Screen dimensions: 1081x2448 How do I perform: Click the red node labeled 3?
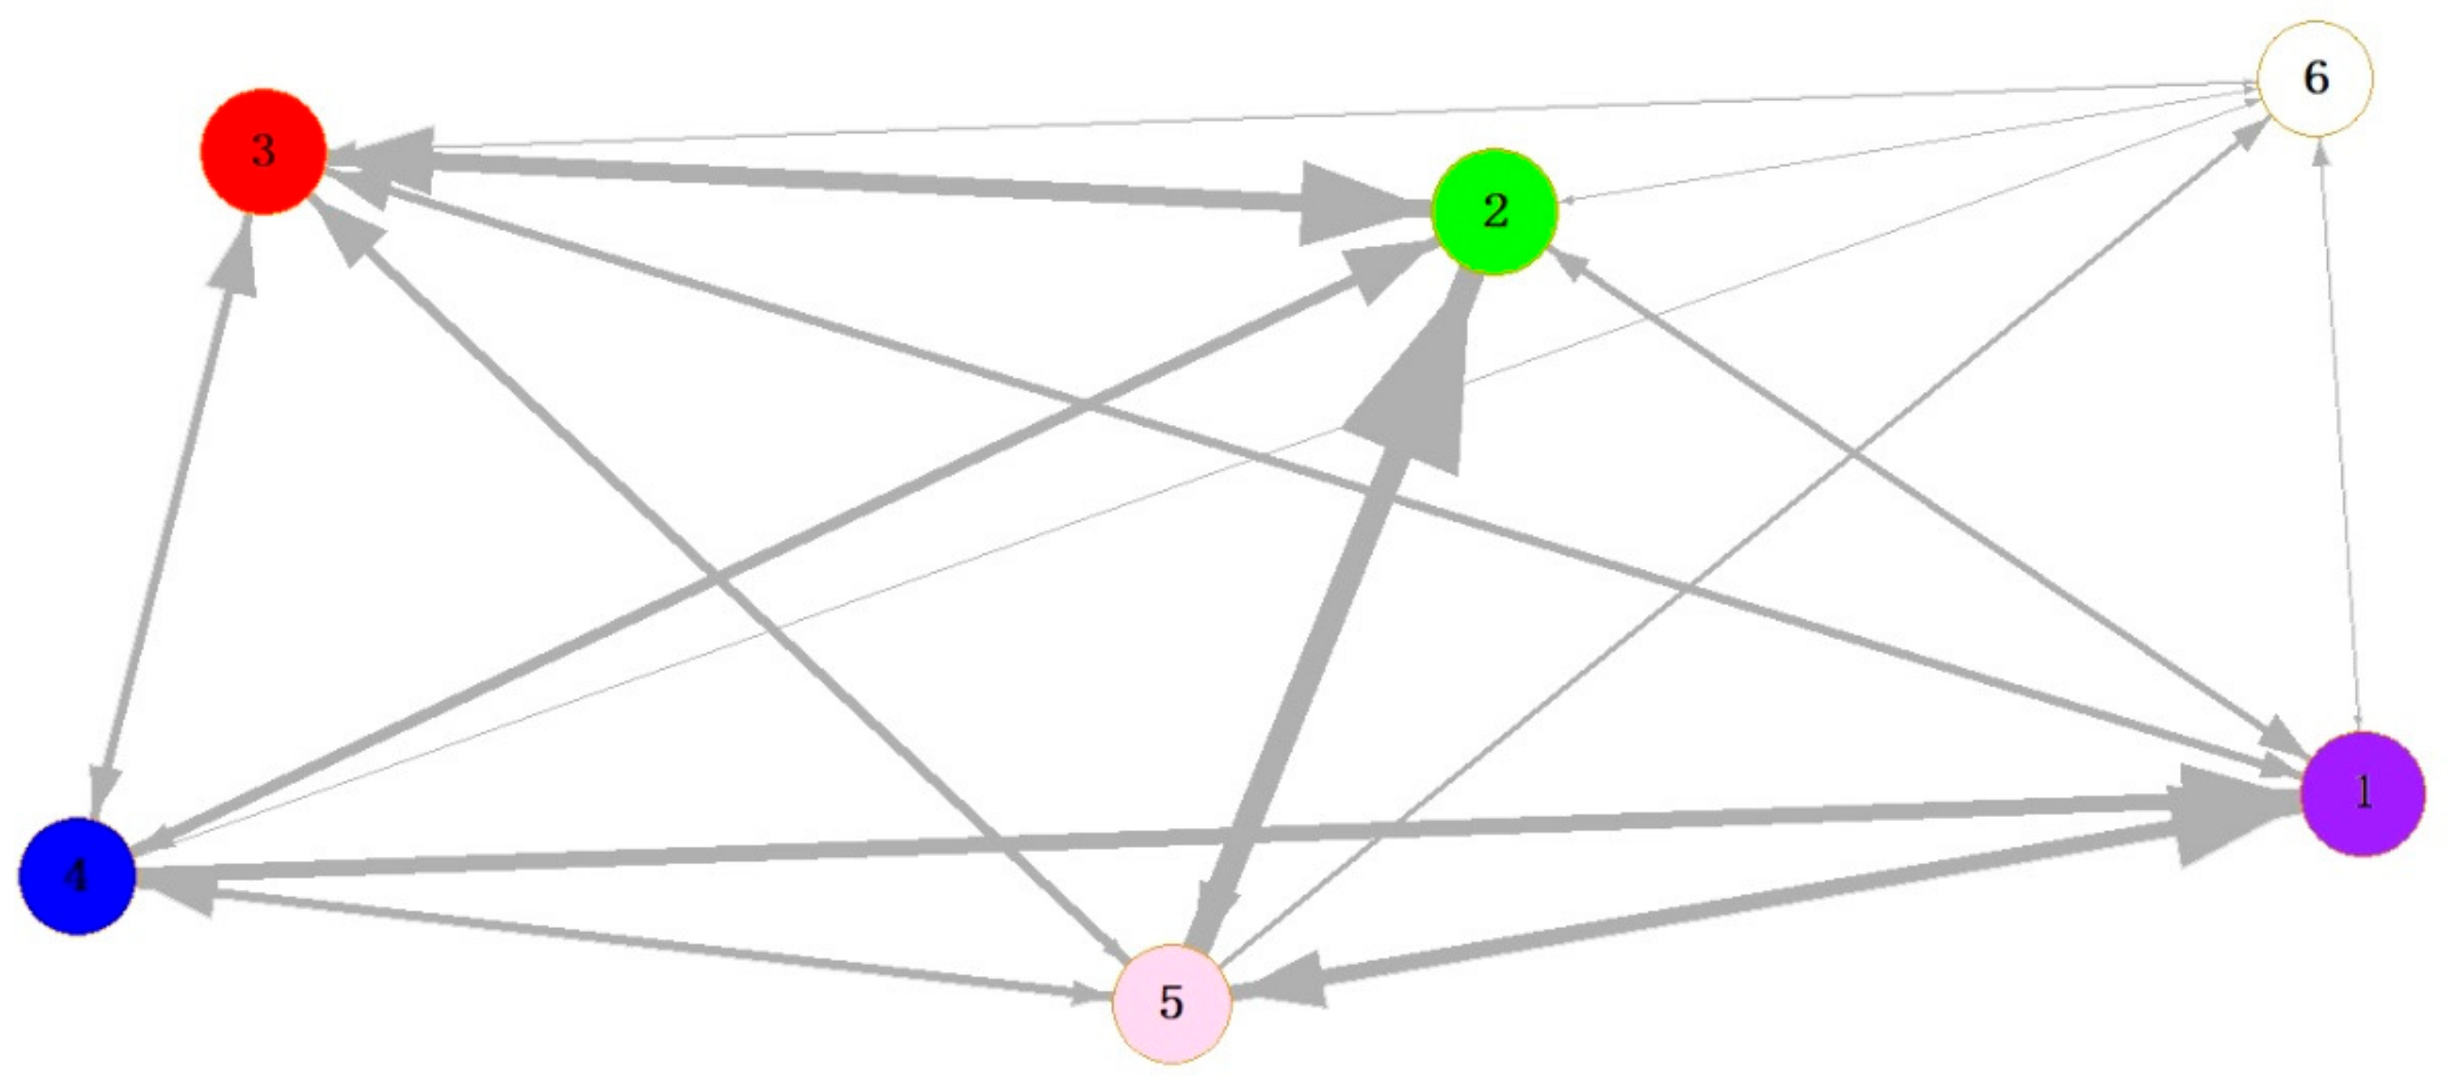263,152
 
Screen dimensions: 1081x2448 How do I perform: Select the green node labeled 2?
1494,211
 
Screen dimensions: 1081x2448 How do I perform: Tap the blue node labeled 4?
77,875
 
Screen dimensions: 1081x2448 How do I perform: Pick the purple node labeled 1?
2362,793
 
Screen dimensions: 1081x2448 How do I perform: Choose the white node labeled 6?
2315,78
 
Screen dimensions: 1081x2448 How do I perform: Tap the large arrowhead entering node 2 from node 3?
1350,202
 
